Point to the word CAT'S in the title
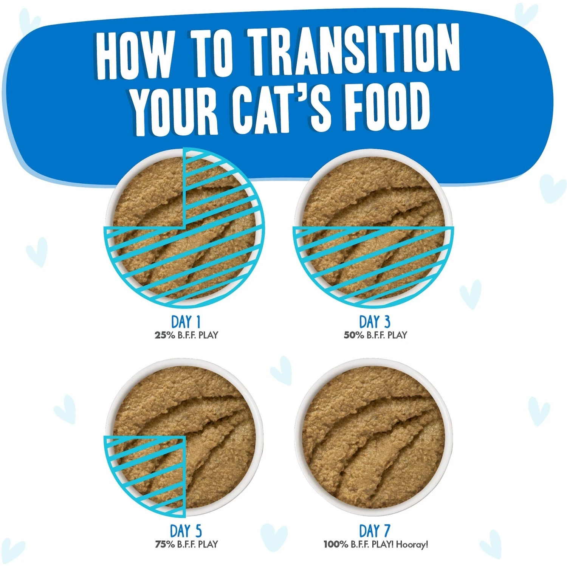click(x=282, y=110)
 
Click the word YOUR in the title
click(x=174, y=112)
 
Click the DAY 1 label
click(x=186, y=322)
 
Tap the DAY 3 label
click(x=375, y=322)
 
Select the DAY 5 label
click(x=186, y=531)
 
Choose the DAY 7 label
click(x=375, y=531)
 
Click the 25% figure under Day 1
click(x=165, y=335)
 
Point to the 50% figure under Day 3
click(x=354, y=335)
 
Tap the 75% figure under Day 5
click(x=165, y=544)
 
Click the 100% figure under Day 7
click(x=336, y=544)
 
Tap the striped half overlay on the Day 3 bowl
click(x=373, y=261)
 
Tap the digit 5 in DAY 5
click(x=198, y=531)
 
